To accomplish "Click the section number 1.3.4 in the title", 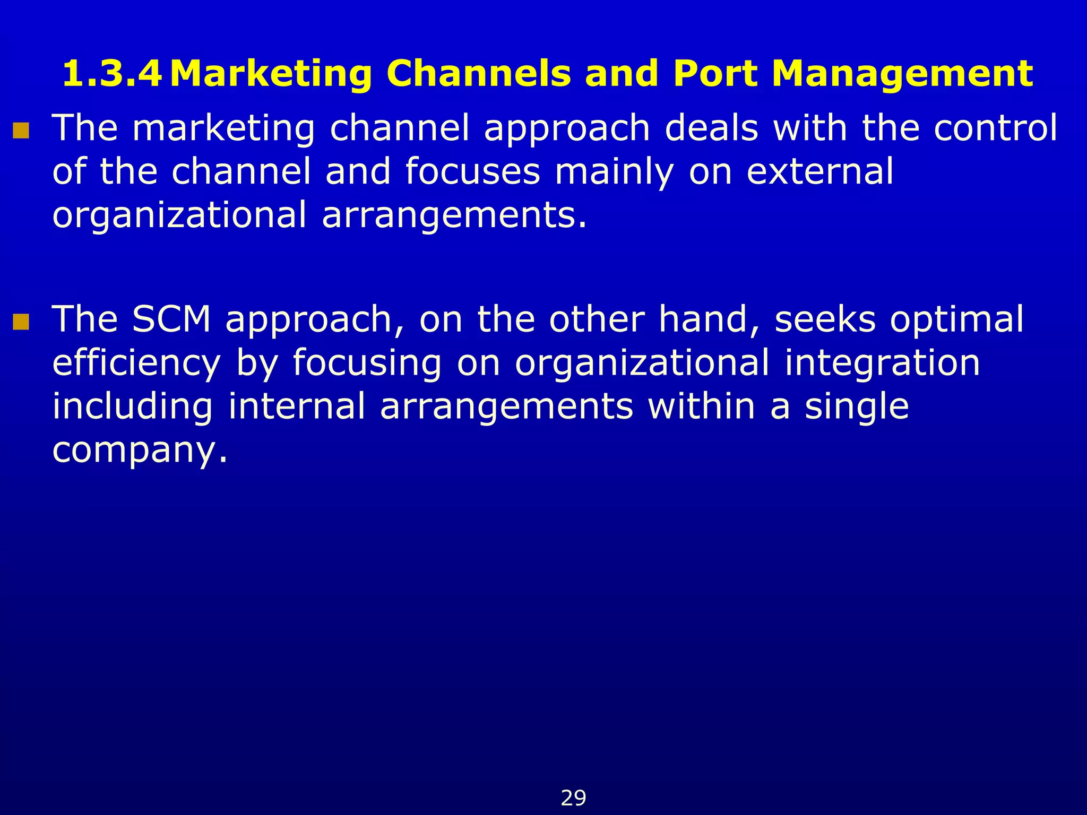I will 112,74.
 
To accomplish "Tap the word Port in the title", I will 715,74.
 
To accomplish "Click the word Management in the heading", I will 902,74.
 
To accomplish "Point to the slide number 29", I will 573,798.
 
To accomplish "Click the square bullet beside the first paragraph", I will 21,131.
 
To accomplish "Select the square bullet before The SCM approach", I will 21,322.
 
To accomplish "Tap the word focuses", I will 472,172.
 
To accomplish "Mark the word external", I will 820,172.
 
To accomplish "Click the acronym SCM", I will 171,319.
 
